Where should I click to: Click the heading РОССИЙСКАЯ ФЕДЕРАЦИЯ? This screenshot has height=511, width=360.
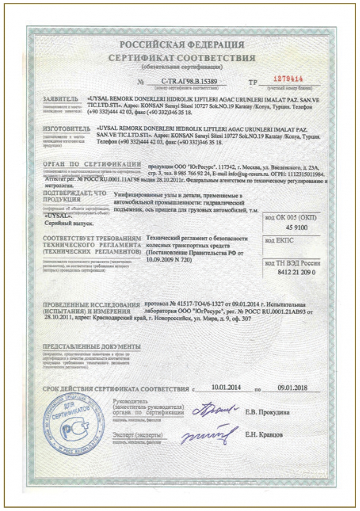click(181, 45)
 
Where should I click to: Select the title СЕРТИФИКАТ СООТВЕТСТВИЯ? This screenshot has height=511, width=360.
click(181, 58)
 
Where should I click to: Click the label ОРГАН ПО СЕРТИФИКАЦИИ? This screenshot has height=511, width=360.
click(92, 164)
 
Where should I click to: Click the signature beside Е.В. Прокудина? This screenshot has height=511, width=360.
click(215, 411)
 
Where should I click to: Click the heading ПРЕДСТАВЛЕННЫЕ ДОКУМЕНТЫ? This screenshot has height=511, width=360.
click(92, 346)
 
